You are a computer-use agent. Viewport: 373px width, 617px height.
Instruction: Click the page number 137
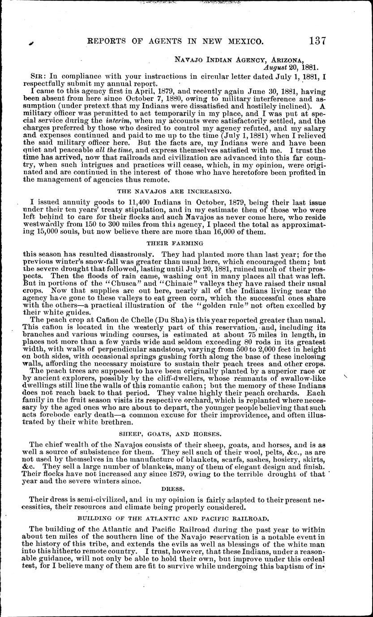[x=317, y=41]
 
